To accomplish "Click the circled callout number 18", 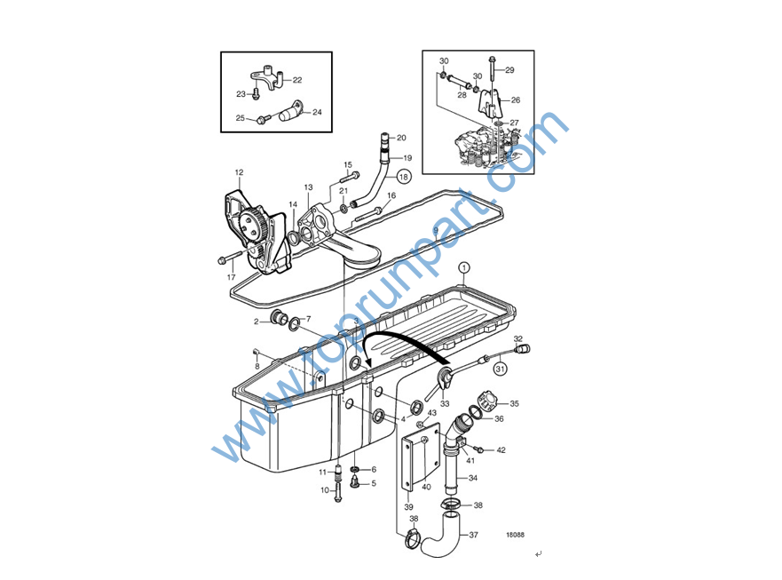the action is pyautogui.click(x=404, y=177).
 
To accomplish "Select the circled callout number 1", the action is pyautogui.click(x=464, y=267).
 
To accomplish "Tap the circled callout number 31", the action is pyautogui.click(x=501, y=369).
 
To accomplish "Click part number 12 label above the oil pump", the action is pyautogui.click(x=239, y=172).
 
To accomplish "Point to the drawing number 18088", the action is pyautogui.click(x=515, y=535).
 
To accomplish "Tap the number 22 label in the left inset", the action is pyautogui.click(x=297, y=80).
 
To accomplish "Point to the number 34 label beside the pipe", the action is pyautogui.click(x=473, y=478).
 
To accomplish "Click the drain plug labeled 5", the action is pyautogui.click(x=355, y=482).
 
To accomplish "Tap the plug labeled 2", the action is pyautogui.click(x=277, y=316).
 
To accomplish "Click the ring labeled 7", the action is pyautogui.click(x=294, y=323).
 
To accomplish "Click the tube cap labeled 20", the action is pyautogui.click(x=385, y=139).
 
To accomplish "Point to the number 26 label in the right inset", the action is pyautogui.click(x=516, y=99).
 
